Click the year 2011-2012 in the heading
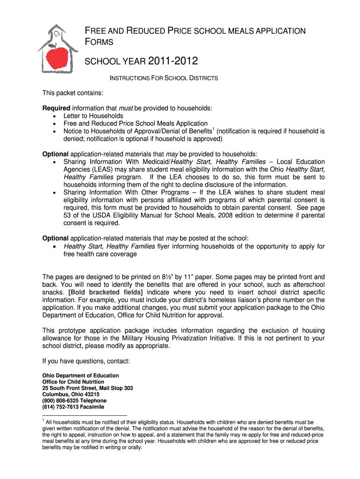[x=173, y=61]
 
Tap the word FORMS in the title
[x=100, y=42]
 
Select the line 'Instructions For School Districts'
[x=163, y=78]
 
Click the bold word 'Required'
[x=56, y=108]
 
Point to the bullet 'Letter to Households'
[x=94, y=116]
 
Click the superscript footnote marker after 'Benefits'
[x=213, y=129]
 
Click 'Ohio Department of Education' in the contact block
[x=80, y=376]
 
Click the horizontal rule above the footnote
[x=84, y=415]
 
